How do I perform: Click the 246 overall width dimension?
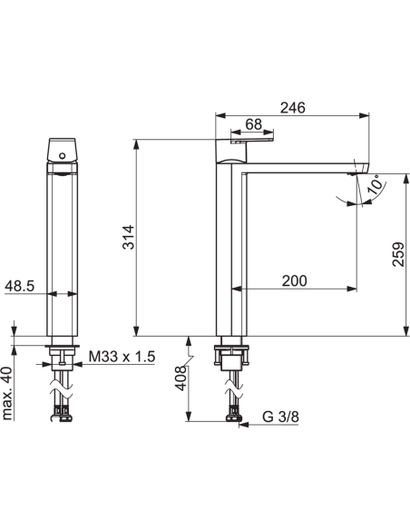[292, 108]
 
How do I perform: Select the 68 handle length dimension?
[254, 124]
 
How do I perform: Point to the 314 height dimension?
[129, 237]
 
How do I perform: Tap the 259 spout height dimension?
[398, 254]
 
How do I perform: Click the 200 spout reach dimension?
[295, 281]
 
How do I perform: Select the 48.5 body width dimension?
[20, 286]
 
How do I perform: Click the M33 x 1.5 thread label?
[122, 357]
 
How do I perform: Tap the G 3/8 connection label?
[280, 417]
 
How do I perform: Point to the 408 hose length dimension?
[181, 378]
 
